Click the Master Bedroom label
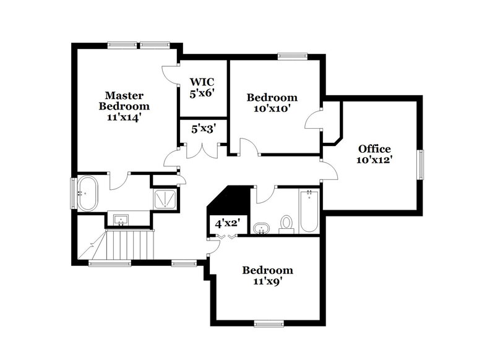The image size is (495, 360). [x=124, y=106]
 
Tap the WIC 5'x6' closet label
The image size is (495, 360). [x=202, y=88]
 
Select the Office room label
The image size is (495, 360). [x=374, y=153]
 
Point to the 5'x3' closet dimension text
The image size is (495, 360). [x=202, y=130]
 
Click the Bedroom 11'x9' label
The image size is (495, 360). [x=267, y=276]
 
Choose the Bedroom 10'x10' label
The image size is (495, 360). [x=272, y=103]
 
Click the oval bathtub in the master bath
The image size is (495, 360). [x=87, y=193]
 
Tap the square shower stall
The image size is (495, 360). [x=165, y=197]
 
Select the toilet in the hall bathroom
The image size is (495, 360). [x=286, y=223]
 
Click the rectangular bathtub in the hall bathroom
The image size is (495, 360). [x=308, y=212]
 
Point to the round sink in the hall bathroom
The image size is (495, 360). [x=261, y=228]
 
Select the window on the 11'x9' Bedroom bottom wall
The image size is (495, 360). [x=269, y=323]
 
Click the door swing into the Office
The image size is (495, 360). [x=329, y=168]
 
